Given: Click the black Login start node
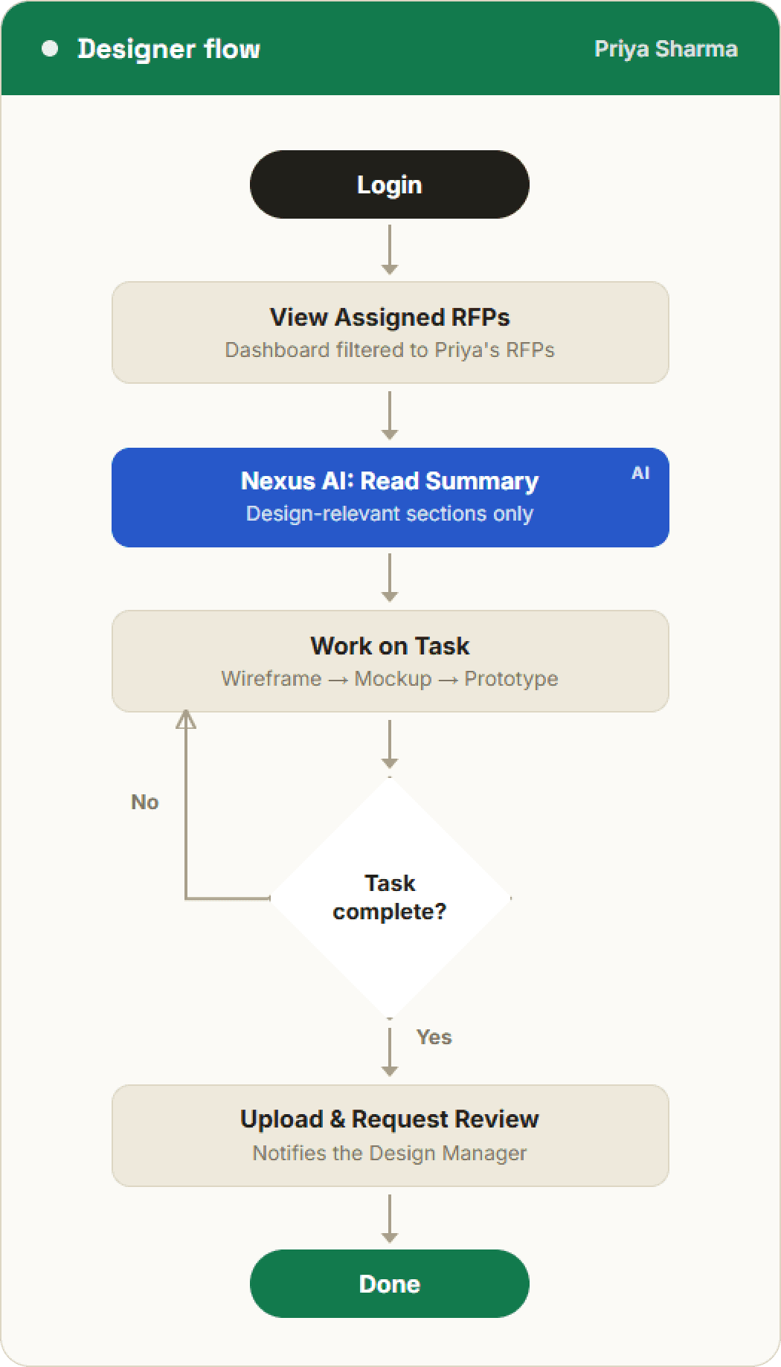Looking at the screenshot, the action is [x=390, y=184].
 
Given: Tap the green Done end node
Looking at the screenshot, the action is [x=390, y=1284].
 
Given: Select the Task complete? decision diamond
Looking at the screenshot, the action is [x=390, y=898].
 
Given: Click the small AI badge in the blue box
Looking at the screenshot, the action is [x=640, y=473].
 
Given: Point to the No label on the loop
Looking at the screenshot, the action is [x=145, y=802].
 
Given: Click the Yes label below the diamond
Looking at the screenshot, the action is [x=434, y=1037].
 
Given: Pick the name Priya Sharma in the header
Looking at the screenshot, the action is [x=666, y=49].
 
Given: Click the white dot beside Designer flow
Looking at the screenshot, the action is [x=50, y=49].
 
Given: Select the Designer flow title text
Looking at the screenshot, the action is [x=169, y=49].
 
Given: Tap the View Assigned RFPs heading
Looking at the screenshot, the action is [x=390, y=317].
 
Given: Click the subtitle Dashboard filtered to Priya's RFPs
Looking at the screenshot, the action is [x=390, y=350].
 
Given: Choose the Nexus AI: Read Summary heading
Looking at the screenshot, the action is [x=390, y=481].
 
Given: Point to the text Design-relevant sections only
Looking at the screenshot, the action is [x=390, y=514].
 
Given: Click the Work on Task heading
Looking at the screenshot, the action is [x=390, y=646].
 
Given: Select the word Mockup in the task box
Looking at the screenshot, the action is [x=393, y=679].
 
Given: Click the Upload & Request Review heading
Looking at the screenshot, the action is [x=390, y=1119].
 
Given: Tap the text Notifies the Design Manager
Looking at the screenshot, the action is [x=390, y=1153].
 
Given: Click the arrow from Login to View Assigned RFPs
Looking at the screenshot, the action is [x=390, y=250].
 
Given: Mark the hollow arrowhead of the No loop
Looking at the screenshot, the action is [x=186, y=719].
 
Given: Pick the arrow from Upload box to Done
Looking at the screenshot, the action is [x=390, y=1218].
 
